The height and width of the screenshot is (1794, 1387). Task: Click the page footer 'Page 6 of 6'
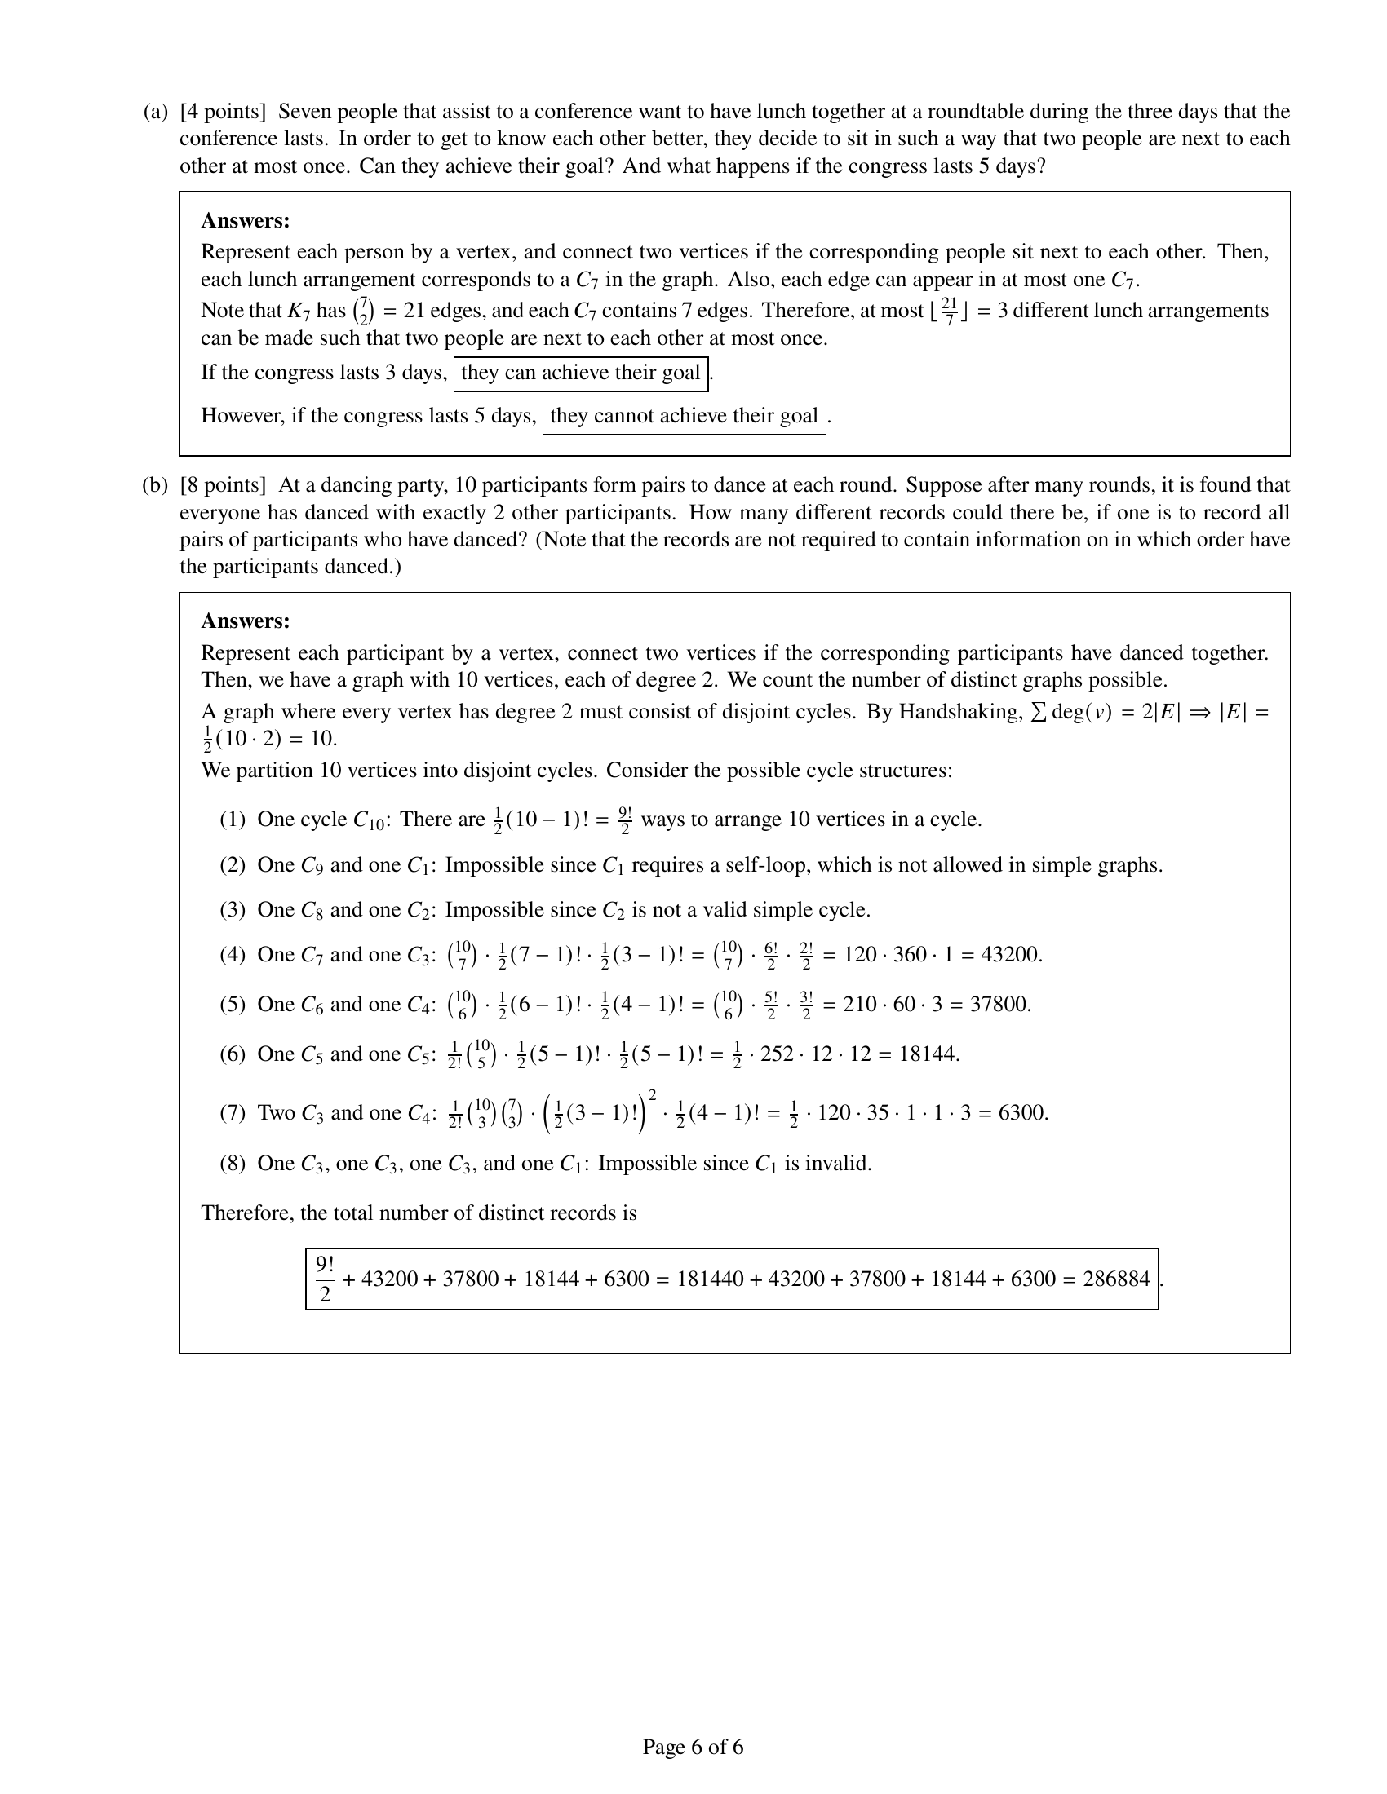point(693,1747)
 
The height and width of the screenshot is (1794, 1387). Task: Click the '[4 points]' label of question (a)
point(223,112)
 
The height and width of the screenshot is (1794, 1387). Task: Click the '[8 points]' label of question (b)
point(223,484)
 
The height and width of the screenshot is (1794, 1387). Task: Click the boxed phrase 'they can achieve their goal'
point(580,373)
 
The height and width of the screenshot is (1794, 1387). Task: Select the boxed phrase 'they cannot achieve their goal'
point(684,416)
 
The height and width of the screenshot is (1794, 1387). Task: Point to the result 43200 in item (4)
point(1012,955)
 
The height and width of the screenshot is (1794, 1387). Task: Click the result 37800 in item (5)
point(1000,1005)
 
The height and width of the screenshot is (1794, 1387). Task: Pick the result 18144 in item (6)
point(928,1054)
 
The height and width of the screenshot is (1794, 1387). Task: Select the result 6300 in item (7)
point(1021,1113)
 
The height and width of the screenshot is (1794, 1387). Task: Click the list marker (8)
point(233,1163)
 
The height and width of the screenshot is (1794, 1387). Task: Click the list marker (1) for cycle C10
point(233,820)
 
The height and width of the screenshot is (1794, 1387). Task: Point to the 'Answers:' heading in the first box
point(245,221)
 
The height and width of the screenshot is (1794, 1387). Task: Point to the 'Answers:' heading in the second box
point(245,621)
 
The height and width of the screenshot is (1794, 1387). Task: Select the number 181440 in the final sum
point(710,1279)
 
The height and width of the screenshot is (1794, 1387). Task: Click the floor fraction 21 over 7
point(949,312)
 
